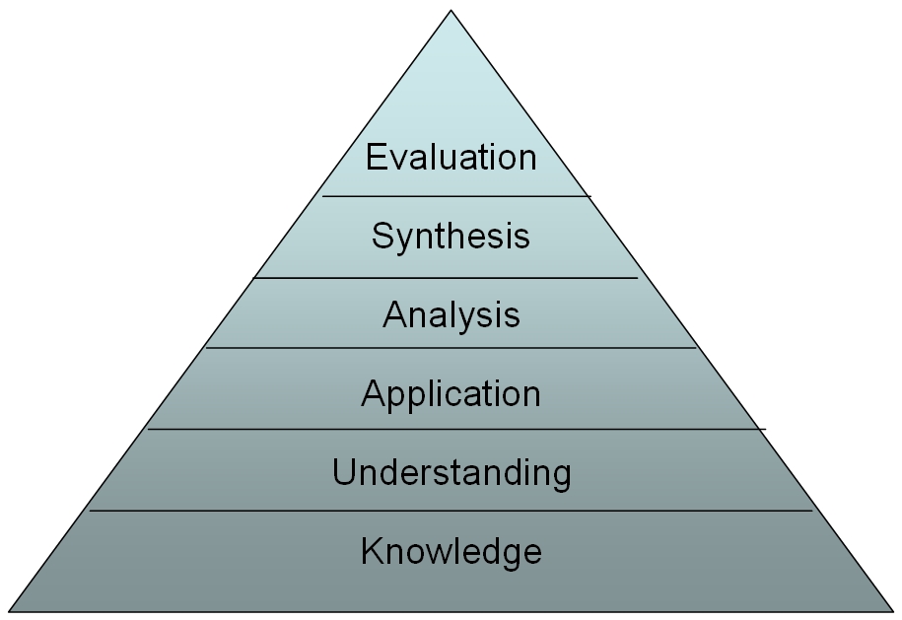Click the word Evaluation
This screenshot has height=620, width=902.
(451, 157)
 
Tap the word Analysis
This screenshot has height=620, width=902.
(451, 316)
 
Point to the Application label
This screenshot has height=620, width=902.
(451, 395)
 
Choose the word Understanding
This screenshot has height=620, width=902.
(451, 474)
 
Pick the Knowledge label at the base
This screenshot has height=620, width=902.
(451, 552)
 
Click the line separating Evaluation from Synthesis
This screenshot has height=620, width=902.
(456, 197)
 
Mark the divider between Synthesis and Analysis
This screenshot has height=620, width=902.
(446, 278)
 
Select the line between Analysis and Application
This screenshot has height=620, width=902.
(451, 348)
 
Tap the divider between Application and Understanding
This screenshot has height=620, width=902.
(456, 429)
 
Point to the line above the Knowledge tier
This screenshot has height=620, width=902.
(451, 511)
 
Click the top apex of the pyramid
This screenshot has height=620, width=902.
(451, 10)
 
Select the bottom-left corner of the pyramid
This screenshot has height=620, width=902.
(9, 611)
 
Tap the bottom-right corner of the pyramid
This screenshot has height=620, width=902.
(893, 611)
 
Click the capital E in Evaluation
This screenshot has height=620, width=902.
(377, 157)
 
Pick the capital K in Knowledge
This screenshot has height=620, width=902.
(373, 550)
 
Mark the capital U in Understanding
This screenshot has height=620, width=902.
(345, 472)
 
